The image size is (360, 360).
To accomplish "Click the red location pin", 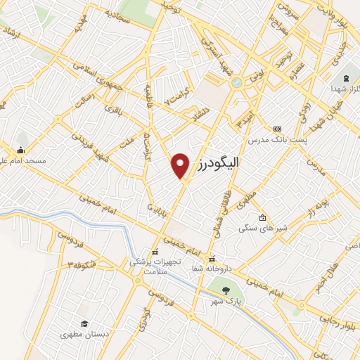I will coord(181,165).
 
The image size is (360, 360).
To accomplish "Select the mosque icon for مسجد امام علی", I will coord(20,150).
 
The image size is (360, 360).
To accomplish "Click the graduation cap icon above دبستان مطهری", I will coord(84,324).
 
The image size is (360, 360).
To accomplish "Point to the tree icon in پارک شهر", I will coord(225,289).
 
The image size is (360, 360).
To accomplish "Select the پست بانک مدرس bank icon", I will coord(277,129).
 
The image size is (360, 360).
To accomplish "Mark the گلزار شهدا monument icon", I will coord(346,78).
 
